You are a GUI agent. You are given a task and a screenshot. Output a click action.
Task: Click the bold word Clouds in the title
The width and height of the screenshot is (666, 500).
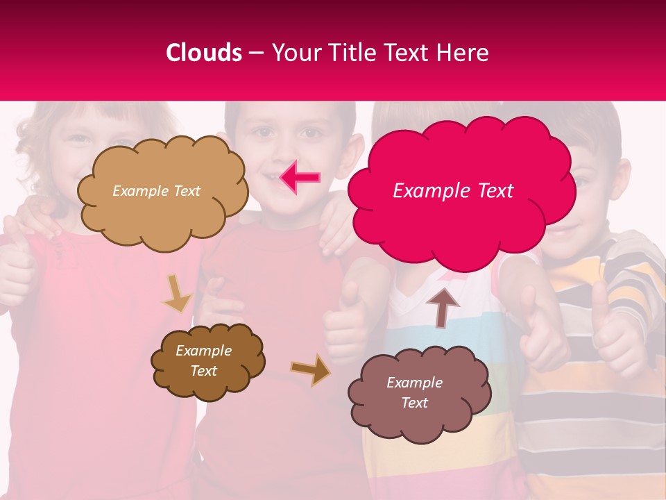(x=204, y=53)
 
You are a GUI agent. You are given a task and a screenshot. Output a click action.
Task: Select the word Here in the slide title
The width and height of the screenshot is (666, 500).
(x=463, y=53)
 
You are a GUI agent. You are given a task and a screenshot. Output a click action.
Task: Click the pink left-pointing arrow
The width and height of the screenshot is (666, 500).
(x=300, y=178)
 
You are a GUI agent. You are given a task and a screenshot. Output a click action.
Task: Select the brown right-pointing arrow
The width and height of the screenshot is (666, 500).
(x=311, y=370)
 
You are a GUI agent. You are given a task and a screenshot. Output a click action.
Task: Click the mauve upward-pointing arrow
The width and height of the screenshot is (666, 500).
(x=443, y=306)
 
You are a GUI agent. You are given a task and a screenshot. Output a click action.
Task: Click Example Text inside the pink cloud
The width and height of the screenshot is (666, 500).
(x=453, y=191)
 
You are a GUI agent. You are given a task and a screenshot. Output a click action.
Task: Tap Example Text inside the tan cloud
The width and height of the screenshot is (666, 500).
(x=157, y=191)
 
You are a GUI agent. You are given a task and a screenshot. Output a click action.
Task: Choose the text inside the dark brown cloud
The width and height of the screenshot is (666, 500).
(x=204, y=361)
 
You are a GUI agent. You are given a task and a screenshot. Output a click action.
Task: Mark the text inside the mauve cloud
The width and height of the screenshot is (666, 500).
(x=415, y=392)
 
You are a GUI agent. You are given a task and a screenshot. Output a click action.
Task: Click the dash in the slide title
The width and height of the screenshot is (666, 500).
(x=256, y=53)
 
